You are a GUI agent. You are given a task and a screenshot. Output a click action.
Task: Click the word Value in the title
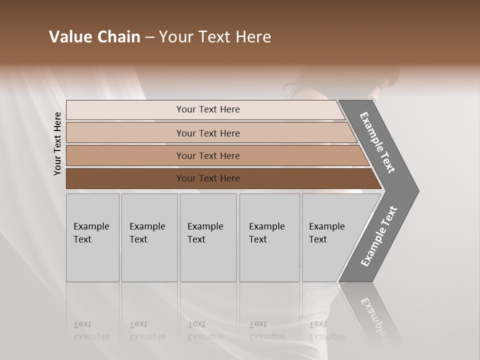[69, 37]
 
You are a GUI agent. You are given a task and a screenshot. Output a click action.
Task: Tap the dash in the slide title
[149, 37]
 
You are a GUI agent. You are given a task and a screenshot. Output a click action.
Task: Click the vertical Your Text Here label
[57, 143]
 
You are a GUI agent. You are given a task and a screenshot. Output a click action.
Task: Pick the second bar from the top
[208, 133]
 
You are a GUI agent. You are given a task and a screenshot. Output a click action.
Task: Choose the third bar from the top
[208, 155]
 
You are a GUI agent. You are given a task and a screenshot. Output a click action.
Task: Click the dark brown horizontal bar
[208, 178]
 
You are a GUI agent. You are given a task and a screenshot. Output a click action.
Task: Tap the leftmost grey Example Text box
[92, 237]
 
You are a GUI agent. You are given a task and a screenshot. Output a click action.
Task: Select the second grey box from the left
[149, 237]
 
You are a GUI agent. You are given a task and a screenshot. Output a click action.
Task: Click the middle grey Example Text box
[208, 237]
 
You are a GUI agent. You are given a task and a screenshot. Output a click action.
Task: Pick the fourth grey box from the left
[269, 237]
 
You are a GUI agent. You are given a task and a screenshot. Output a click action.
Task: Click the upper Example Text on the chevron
[377, 142]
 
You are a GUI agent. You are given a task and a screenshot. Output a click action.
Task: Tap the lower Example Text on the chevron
[378, 236]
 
